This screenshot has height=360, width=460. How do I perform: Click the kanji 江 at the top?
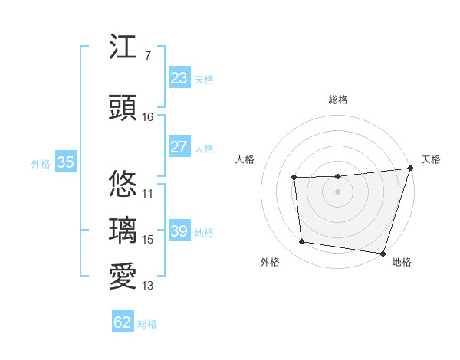(x=123, y=47)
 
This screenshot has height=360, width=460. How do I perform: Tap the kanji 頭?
(x=123, y=107)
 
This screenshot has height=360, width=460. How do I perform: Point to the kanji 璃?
(x=123, y=230)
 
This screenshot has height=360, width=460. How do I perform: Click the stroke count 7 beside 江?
(x=147, y=56)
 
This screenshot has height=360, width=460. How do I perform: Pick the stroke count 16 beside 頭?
(x=148, y=117)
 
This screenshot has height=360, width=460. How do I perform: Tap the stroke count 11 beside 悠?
(x=148, y=194)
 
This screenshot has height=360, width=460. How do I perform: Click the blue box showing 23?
(x=179, y=78)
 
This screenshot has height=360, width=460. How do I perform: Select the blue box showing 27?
(x=179, y=147)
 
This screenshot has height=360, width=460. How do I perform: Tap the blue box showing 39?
(x=179, y=231)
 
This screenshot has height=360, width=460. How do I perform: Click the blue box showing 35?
(x=65, y=162)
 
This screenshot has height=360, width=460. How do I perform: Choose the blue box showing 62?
(x=123, y=322)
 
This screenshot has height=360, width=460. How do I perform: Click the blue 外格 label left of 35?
(x=41, y=163)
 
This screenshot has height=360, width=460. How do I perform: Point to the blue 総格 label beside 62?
(x=147, y=324)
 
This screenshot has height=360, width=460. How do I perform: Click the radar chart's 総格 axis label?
(x=337, y=100)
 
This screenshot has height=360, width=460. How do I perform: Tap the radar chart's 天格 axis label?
(x=431, y=159)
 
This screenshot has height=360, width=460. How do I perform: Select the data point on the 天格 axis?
(x=410, y=169)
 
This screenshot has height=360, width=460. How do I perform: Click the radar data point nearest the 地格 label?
(x=382, y=253)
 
